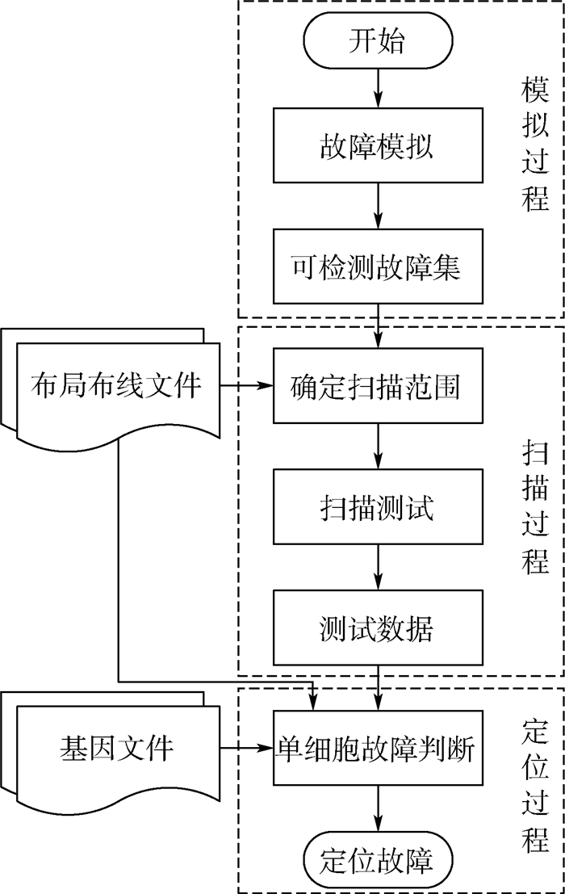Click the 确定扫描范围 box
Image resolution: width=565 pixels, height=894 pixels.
376,386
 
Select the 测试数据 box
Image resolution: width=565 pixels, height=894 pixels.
376,628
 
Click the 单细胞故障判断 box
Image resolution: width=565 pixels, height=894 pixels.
376,748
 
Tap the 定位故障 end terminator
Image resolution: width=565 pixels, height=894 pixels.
376,858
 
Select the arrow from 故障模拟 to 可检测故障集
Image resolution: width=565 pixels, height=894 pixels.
376,206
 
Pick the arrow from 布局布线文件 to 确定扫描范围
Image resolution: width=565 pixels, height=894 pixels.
246,387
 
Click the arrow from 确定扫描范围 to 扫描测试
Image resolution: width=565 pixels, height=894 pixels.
376,447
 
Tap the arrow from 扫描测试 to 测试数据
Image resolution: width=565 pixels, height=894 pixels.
376,568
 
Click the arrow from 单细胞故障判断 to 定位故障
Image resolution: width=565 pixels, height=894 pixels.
376,808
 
